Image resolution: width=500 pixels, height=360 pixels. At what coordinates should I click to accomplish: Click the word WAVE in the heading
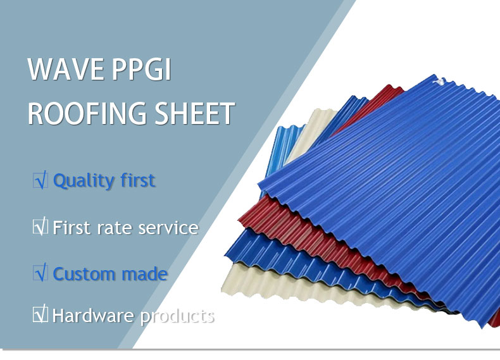(x=66, y=69)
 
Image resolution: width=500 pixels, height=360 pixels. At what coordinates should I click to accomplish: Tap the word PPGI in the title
(x=142, y=69)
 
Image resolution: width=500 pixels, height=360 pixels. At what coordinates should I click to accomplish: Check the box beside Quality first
(x=40, y=180)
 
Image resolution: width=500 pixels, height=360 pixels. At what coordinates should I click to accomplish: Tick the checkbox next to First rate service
(x=40, y=227)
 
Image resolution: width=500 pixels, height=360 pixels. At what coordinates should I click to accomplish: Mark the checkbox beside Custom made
(x=40, y=273)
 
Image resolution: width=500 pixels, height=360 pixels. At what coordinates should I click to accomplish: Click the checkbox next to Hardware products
(x=40, y=314)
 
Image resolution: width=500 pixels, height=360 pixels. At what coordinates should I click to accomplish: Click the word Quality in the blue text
(x=84, y=181)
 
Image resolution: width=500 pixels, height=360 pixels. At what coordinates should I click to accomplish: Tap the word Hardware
(x=93, y=315)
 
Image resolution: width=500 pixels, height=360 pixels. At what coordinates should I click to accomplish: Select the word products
(x=177, y=316)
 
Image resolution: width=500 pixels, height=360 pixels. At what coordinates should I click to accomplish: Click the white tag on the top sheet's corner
(x=439, y=82)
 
